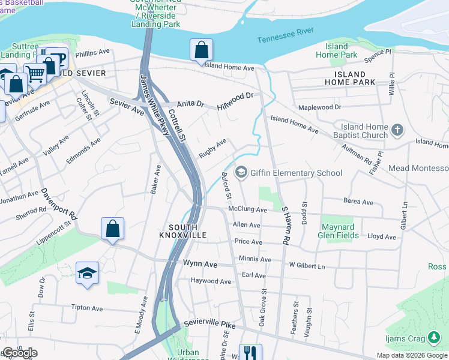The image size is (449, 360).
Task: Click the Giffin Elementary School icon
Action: [x=241, y=173]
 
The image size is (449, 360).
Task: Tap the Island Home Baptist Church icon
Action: [x=397, y=130]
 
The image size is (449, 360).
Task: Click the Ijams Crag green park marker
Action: [x=433, y=339]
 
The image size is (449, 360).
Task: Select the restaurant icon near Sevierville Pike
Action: [x=250, y=352]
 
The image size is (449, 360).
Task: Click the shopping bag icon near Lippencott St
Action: [x=112, y=229]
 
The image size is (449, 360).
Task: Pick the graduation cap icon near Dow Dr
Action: [x=88, y=273]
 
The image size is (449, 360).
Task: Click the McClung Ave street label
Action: [x=247, y=210]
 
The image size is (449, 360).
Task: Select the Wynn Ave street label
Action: [x=199, y=263]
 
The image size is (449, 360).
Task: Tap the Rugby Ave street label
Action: [x=212, y=147]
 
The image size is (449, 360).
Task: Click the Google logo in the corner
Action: [x=19, y=353]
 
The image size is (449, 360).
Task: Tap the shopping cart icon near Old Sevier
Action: [x=35, y=74]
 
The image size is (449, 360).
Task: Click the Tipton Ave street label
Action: [x=88, y=308]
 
